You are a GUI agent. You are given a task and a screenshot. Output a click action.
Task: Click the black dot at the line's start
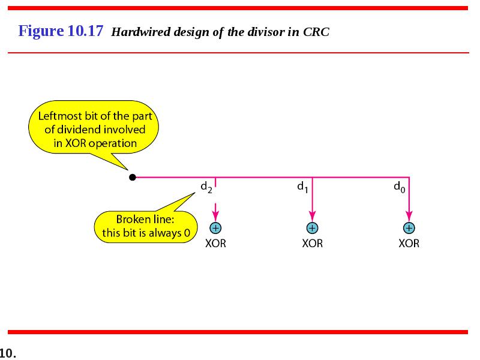pyautogui.click(x=132, y=177)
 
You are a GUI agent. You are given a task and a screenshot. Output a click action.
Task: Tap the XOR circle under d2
pyautogui.click(x=215, y=228)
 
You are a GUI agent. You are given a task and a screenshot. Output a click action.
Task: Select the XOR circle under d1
pyautogui.click(x=312, y=228)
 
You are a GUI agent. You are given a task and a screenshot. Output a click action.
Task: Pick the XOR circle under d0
pyautogui.click(x=409, y=228)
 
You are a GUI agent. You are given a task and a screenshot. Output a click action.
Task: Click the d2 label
pyautogui.click(x=206, y=187)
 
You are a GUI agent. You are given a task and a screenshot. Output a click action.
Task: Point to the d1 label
pyautogui.click(x=302, y=187)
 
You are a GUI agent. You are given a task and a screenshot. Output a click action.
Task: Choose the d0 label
pyautogui.click(x=400, y=187)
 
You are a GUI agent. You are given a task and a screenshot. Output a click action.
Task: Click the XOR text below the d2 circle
pyautogui.click(x=215, y=244)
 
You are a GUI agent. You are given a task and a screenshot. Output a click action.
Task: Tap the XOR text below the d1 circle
pyautogui.click(x=312, y=244)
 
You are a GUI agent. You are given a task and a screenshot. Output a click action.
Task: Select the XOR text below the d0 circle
pyautogui.click(x=409, y=244)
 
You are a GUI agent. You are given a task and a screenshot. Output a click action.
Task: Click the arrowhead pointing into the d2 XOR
pyautogui.click(x=215, y=216)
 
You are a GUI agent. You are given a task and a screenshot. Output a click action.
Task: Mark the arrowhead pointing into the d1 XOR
pyautogui.click(x=312, y=216)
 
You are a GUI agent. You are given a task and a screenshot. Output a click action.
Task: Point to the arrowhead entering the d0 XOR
pyautogui.click(x=409, y=216)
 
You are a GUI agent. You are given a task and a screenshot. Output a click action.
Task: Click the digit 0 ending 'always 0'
pyautogui.click(x=187, y=233)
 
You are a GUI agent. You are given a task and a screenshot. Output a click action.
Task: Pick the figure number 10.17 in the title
pyautogui.click(x=85, y=31)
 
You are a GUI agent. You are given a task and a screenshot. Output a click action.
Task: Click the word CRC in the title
pyautogui.click(x=316, y=32)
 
